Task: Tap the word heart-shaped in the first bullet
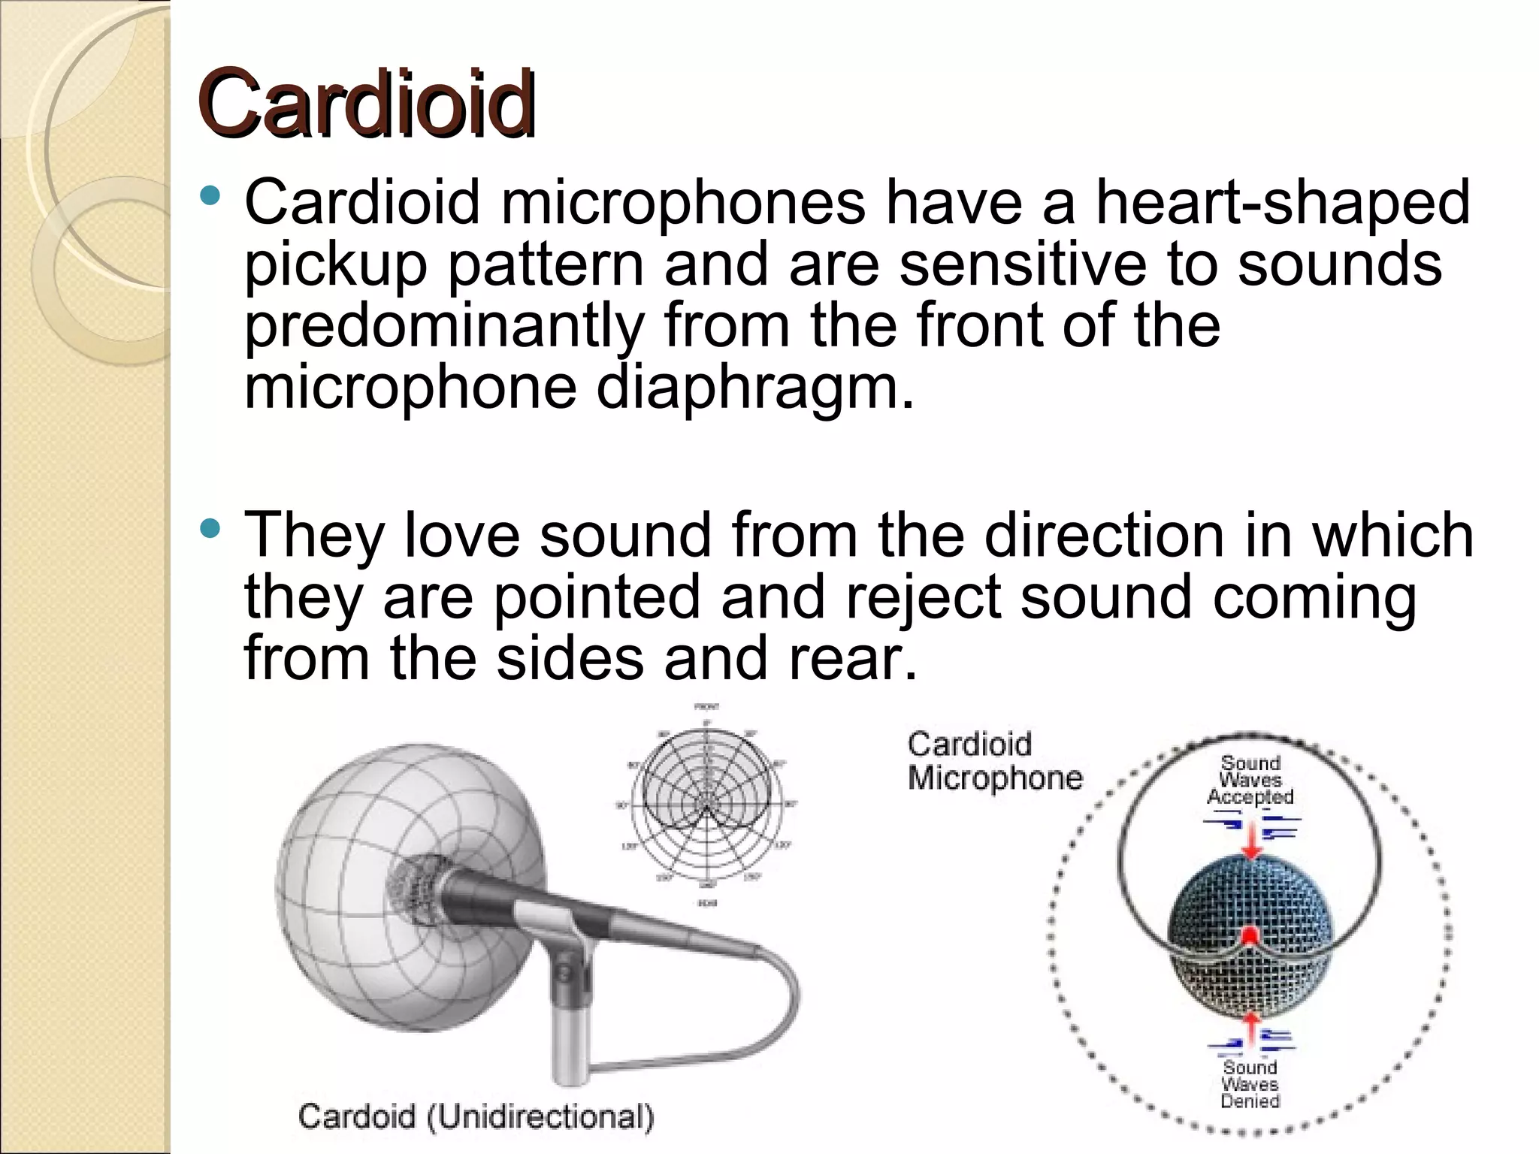click(x=1282, y=203)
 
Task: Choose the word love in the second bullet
click(x=462, y=535)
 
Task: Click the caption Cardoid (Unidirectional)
click(x=476, y=1116)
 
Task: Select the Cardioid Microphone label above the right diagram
click(x=993, y=760)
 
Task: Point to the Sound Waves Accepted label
click(x=1250, y=780)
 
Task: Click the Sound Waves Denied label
click(x=1250, y=1083)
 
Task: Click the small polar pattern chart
click(x=706, y=804)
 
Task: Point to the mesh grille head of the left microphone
click(x=414, y=890)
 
